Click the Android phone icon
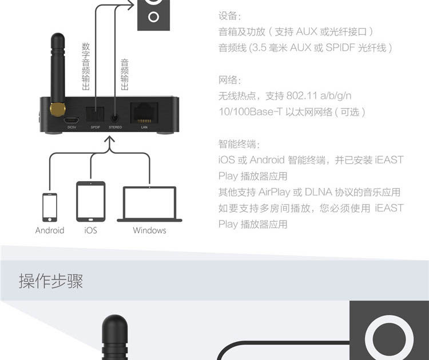tap(50, 207)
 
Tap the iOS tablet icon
tap(91, 201)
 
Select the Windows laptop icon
tap(149, 203)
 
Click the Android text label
tap(50, 231)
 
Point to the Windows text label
tap(149, 231)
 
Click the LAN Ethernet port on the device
tap(144, 113)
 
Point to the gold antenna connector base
tap(57, 107)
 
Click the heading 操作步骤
tap(51, 281)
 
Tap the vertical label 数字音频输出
tap(86, 66)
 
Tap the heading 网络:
tap(230, 79)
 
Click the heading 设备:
tap(230, 15)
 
